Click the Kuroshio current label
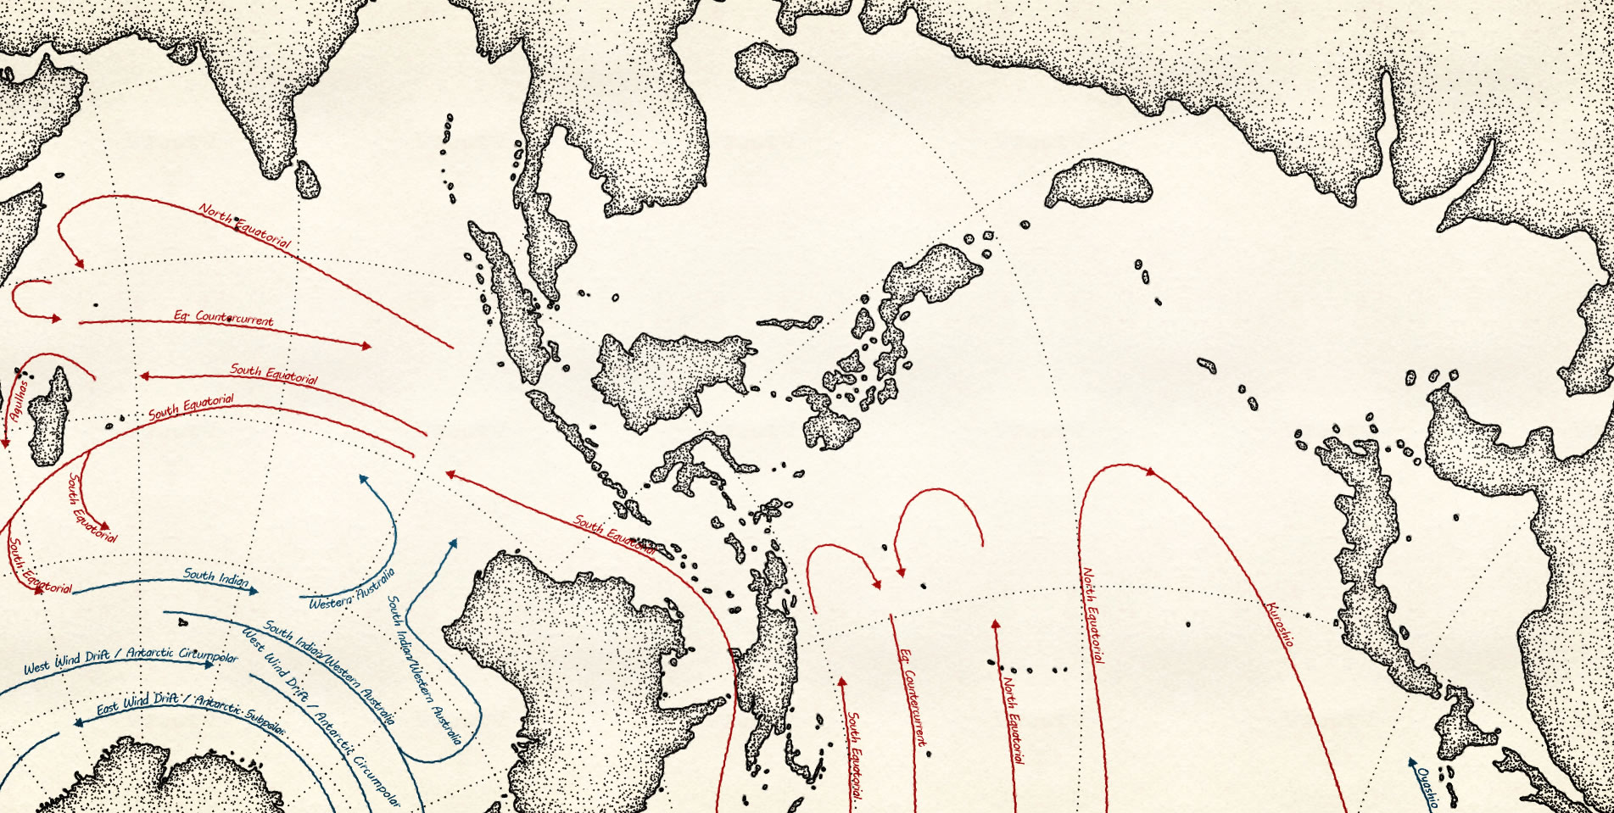[1280, 624]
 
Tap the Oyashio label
[1427, 788]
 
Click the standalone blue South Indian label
[216, 577]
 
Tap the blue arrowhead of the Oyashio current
[1410, 760]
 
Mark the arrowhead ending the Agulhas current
[4, 442]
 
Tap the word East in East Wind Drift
[108, 708]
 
